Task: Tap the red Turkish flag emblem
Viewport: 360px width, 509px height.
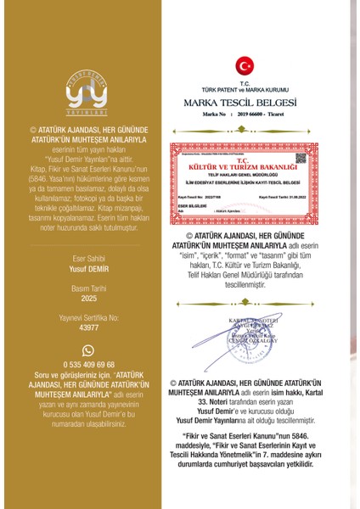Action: tap(245, 65)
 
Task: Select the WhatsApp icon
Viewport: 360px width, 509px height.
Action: tap(87, 351)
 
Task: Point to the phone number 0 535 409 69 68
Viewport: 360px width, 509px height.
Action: tap(88, 364)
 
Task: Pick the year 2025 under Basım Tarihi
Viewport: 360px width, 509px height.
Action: tap(88, 299)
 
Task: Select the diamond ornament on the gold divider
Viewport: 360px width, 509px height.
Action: tap(245, 132)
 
